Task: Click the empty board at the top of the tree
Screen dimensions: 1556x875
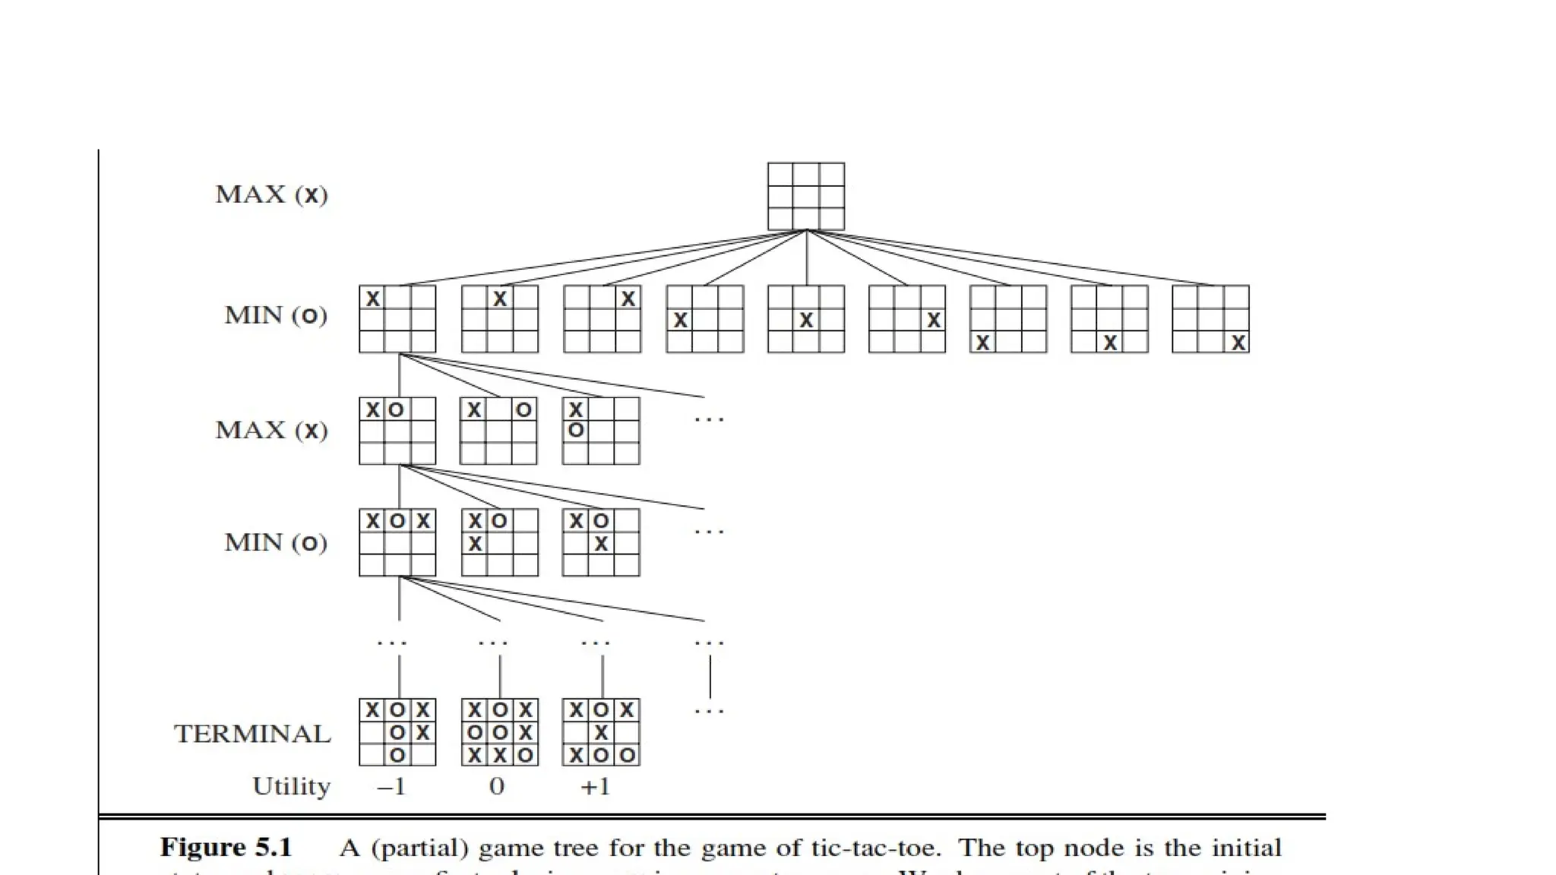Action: pyautogui.click(x=805, y=196)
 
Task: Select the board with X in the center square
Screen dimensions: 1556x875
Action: pyautogui.click(x=805, y=319)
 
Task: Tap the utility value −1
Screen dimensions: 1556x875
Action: pyautogui.click(x=391, y=786)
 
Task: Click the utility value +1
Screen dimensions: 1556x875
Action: pyautogui.click(x=595, y=786)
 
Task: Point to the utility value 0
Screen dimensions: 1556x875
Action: pyautogui.click(x=496, y=786)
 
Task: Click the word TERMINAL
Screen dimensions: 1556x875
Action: pyautogui.click(x=252, y=734)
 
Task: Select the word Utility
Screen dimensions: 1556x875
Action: pyautogui.click(x=291, y=786)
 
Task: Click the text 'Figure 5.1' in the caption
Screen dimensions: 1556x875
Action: pyautogui.click(x=226, y=848)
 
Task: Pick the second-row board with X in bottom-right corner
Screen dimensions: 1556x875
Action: pyautogui.click(x=1210, y=319)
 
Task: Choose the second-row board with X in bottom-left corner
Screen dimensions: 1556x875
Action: pyautogui.click(x=1008, y=319)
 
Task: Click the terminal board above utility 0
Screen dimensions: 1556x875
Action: pyautogui.click(x=499, y=732)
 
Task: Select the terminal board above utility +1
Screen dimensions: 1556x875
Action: pyautogui.click(x=601, y=732)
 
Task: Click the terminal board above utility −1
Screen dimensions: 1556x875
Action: pyautogui.click(x=397, y=732)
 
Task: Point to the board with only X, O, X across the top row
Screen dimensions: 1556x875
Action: pyautogui.click(x=397, y=542)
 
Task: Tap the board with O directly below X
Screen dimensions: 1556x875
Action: pyautogui.click(x=601, y=431)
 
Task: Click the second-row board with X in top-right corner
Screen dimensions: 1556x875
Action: pyautogui.click(x=602, y=319)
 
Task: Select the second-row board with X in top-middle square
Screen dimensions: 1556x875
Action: pyautogui.click(x=500, y=319)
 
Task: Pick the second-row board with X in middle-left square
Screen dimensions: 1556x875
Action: pyautogui.click(x=704, y=319)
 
